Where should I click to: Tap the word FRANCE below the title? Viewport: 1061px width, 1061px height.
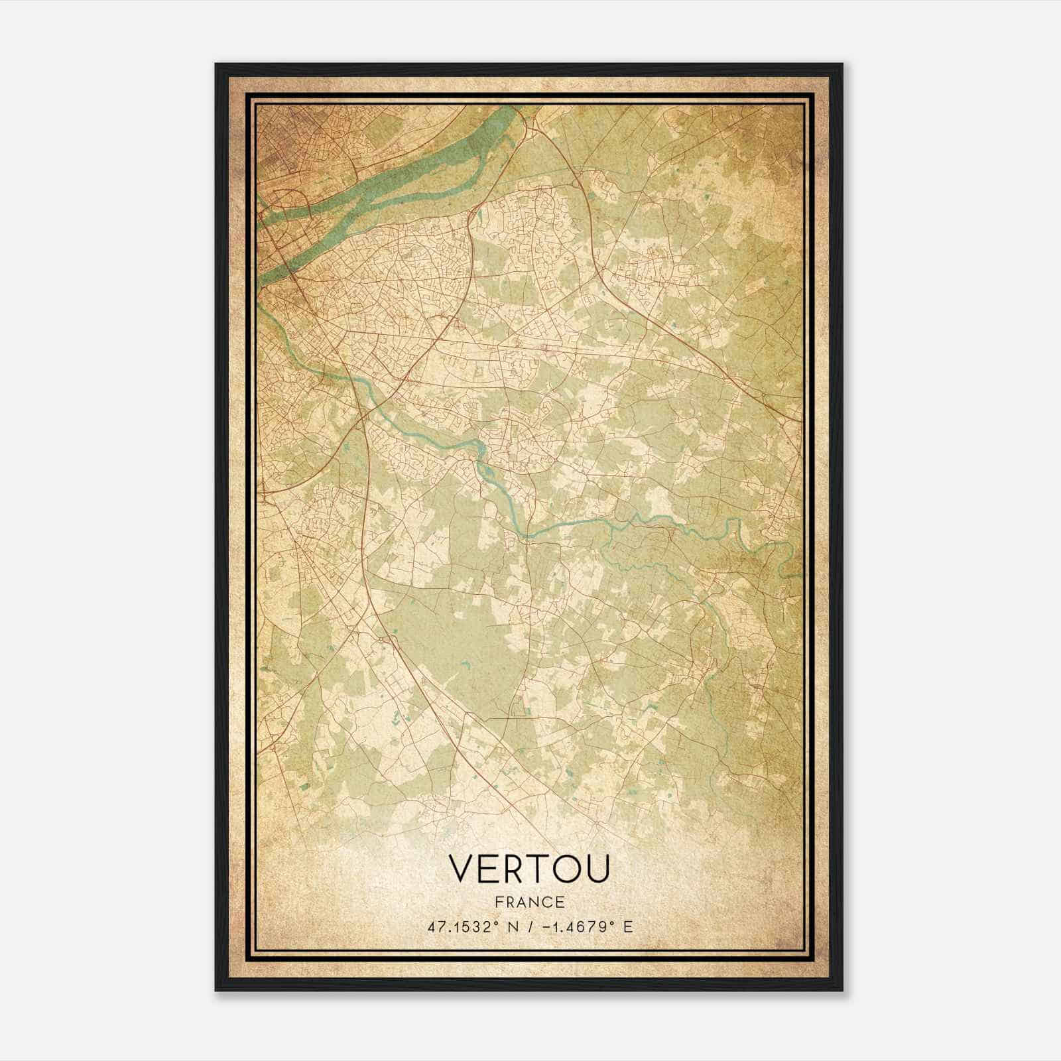[x=529, y=903]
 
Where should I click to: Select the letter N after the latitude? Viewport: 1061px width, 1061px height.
[x=512, y=926]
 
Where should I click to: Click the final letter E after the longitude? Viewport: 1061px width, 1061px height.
[x=628, y=926]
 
